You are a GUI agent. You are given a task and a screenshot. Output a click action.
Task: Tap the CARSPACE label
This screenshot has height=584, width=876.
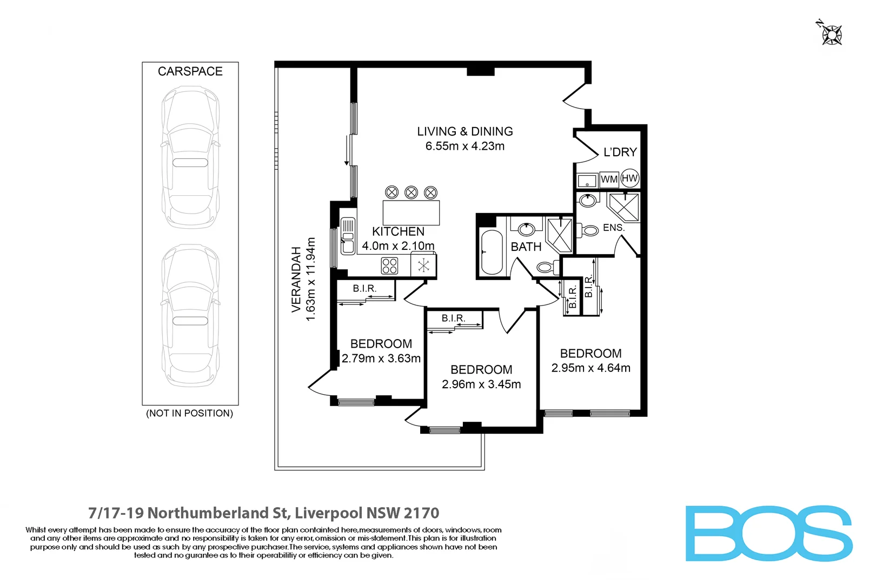click(190, 71)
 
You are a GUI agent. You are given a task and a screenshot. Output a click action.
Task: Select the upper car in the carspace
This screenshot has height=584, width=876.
click(190, 157)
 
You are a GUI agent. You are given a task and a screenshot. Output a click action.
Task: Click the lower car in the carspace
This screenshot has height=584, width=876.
click(190, 316)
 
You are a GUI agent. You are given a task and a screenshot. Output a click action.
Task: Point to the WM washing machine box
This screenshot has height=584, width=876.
click(609, 180)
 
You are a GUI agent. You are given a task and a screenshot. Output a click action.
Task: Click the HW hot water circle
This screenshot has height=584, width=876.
click(629, 178)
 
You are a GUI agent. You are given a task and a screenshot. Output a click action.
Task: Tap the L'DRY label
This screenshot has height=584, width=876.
click(620, 152)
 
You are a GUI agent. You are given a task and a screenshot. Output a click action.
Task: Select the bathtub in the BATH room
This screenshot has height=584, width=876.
click(492, 253)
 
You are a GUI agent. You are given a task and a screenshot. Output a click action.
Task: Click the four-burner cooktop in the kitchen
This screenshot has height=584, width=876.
click(390, 266)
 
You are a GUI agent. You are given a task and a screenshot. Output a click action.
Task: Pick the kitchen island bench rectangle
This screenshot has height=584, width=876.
click(411, 213)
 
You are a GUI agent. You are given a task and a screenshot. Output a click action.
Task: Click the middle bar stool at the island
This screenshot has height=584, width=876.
click(411, 193)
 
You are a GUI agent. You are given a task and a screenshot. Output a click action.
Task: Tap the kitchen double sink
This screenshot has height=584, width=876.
click(348, 236)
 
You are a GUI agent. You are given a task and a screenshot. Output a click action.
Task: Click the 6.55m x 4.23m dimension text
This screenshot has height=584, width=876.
click(465, 147)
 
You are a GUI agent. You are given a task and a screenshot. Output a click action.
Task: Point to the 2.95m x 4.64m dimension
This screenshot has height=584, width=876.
click(591, 368)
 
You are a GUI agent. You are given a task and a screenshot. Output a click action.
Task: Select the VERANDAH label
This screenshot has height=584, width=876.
click(296, 279)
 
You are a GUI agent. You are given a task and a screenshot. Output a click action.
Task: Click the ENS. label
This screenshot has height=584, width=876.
click(614, 228)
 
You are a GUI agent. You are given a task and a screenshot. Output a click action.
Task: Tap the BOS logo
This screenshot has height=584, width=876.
click(769, 534)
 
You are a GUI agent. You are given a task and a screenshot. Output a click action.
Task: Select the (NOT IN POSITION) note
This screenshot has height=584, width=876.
click(190, 414)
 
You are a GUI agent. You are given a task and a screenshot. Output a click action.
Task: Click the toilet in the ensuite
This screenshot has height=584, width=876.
click(588, 230)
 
